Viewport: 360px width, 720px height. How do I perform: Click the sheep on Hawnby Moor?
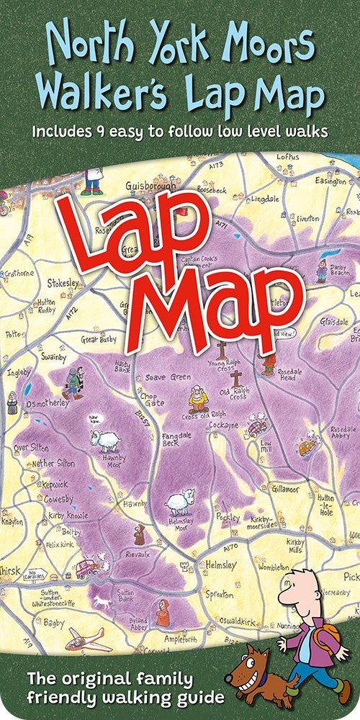pos(104,439)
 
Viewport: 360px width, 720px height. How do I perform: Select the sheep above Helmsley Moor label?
pos(179,502)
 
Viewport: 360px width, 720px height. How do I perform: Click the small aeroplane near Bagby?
pos(84,639)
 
